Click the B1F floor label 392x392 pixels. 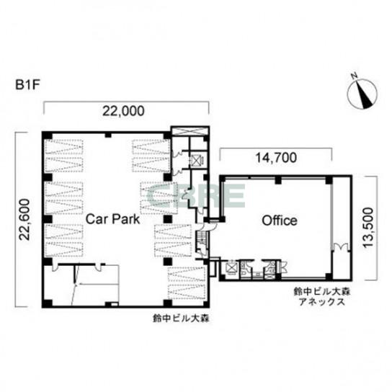pyautogui.click(x=28, y=85)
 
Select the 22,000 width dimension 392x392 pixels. pyautogui.click(x=123, y=111)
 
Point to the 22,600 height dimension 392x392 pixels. pyautogui.click(x=25, y=220)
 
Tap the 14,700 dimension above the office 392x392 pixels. pyautogui.click(x=276, y=158)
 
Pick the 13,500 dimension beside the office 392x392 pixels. pyautogui.click(x=368, y=228)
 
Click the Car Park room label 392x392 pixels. pyautogui.click(x=112, y=219)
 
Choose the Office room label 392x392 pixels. pyautogui.click(x=280, y=220)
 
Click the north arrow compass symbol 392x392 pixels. pyautogui.click(x=362, y=93)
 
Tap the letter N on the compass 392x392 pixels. pyautogui.click(x=354, y=76)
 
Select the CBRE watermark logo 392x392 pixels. pyautogui.click(x=196, y=195)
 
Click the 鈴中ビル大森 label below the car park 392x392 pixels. pyautogui.click(x=181, y=318)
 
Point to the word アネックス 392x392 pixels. pyautogui.click(x=322, y=302)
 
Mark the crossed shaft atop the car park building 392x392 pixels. pyautogui.click(x=190, y=130)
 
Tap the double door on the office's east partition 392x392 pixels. pyautogui.click(x=342, y=246)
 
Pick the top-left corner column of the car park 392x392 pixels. pyautogui.click(x=48, y=136)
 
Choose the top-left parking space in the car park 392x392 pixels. pyautogui.click(x=63, y=147)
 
